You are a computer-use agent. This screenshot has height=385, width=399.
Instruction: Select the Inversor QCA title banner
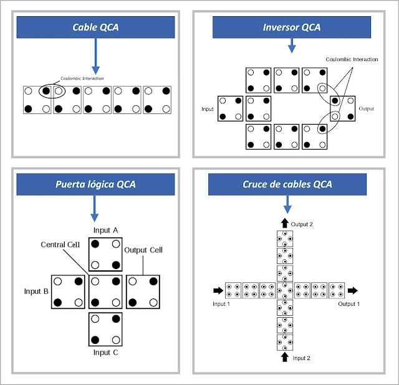click(292, 27)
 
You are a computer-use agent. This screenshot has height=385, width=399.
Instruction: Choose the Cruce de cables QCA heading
click(287, 184)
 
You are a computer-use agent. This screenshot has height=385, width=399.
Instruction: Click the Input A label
click(105, 231)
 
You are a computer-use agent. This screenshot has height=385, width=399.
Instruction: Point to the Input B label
click(36, 291)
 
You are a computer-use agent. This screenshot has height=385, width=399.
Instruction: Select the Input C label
click(105, 353)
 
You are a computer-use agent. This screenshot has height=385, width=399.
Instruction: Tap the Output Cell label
click(145, 250)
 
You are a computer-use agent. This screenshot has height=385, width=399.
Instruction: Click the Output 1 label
click(349, 304)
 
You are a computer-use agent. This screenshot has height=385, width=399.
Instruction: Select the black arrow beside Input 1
click(217, 290)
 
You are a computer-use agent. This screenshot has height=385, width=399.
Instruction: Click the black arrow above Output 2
click(285, 223)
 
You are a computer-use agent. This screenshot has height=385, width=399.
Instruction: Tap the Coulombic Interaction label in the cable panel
click(82, 78)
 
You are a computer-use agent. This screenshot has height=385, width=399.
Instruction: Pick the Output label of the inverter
click(367, 108)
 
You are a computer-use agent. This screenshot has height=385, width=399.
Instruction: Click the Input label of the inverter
click(208, 109)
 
